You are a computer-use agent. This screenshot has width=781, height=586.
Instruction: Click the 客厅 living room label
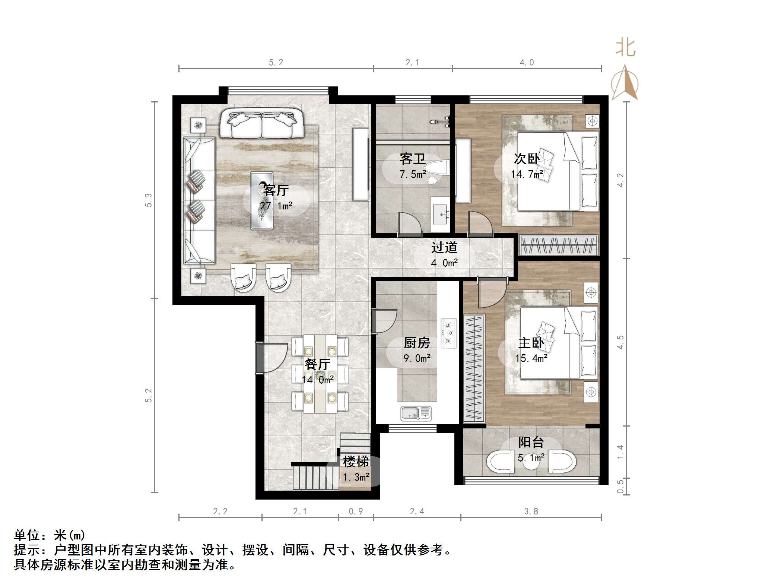tap(276, 190)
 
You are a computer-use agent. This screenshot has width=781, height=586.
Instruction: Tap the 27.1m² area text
tap(276, 206)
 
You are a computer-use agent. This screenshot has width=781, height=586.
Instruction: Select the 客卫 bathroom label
tap(412, 159)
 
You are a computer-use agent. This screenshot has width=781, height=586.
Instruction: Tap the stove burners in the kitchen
tap(449, 333)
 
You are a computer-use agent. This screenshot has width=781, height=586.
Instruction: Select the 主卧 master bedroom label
tap(531, 343)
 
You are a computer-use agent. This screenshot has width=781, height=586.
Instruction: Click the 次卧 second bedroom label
tap(527, 159)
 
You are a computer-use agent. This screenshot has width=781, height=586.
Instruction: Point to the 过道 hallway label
tap(444, 247)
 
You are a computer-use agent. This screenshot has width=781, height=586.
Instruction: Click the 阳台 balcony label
tap(531, 442)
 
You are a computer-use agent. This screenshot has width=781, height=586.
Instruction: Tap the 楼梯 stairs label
tap(356, 462)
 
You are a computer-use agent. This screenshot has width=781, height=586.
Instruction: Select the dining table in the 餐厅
tap(320, 374)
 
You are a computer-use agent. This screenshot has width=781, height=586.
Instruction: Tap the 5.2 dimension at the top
tap(276, 63)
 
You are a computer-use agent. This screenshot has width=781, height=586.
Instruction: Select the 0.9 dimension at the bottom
tap(356, 511)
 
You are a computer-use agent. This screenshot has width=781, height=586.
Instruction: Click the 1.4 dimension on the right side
tap(620, 452)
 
